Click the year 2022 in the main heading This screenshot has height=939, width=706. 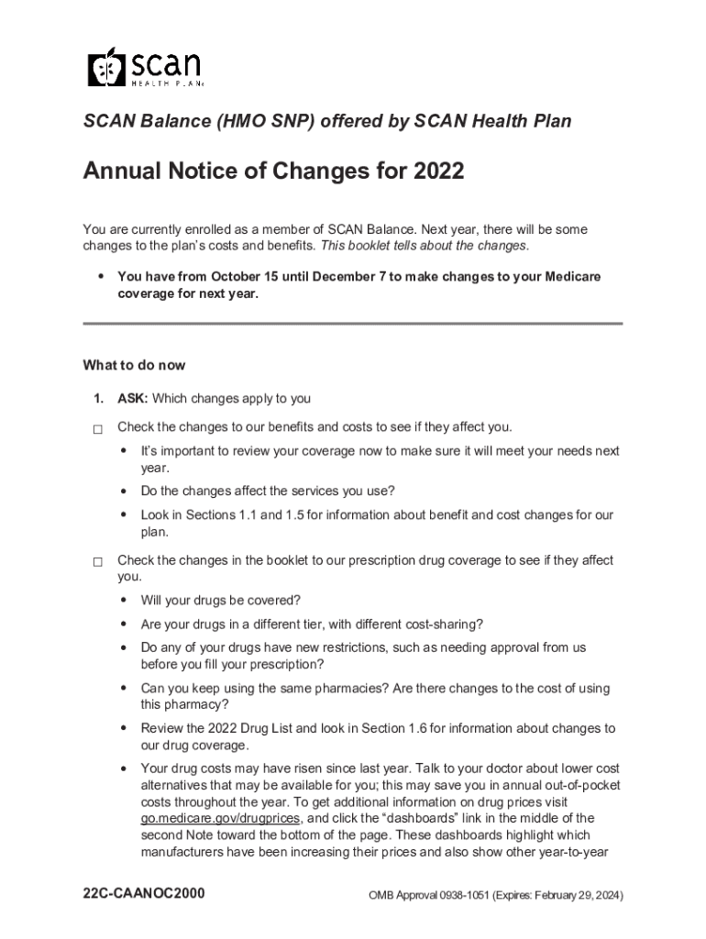pos(437,171)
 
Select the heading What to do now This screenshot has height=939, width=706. pos(134,365)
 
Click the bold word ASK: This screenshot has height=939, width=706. pos(133,399)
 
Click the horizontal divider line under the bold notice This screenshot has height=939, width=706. pos(352,324)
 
